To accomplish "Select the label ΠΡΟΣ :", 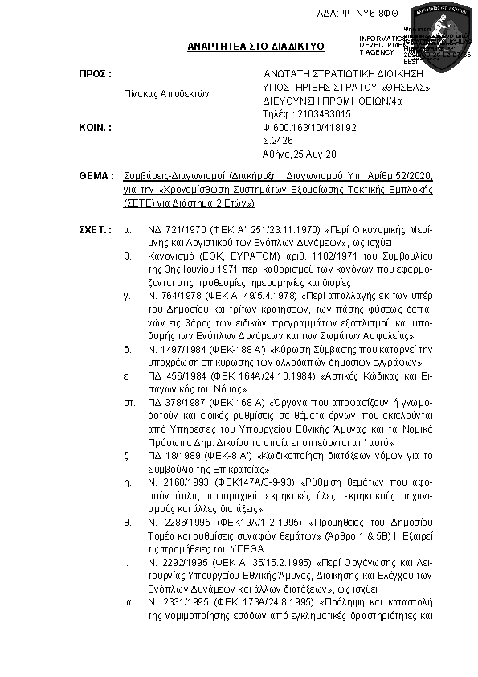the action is pyautogui.click(x=95, y=74).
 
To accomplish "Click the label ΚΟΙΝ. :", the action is pyautogui.click(x=94, y=127).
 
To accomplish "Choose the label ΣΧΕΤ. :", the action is pyautogui.click(x=95, y=230).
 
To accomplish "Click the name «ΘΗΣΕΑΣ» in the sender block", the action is pyautogui.click(x=406, y=87).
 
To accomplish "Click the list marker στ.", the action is pyautogui.click(x=128, y=400).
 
